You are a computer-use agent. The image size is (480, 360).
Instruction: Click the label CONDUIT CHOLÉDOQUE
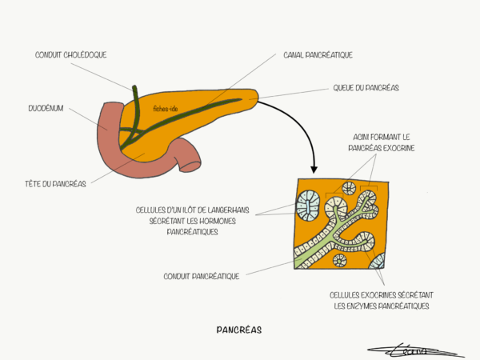pos(71,55)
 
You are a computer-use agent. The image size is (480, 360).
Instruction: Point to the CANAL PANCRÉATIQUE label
pos(318,55)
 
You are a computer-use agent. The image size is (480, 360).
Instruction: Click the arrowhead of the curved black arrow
pos(314,169)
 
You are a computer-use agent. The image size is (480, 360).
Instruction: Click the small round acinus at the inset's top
pos(348,189)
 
